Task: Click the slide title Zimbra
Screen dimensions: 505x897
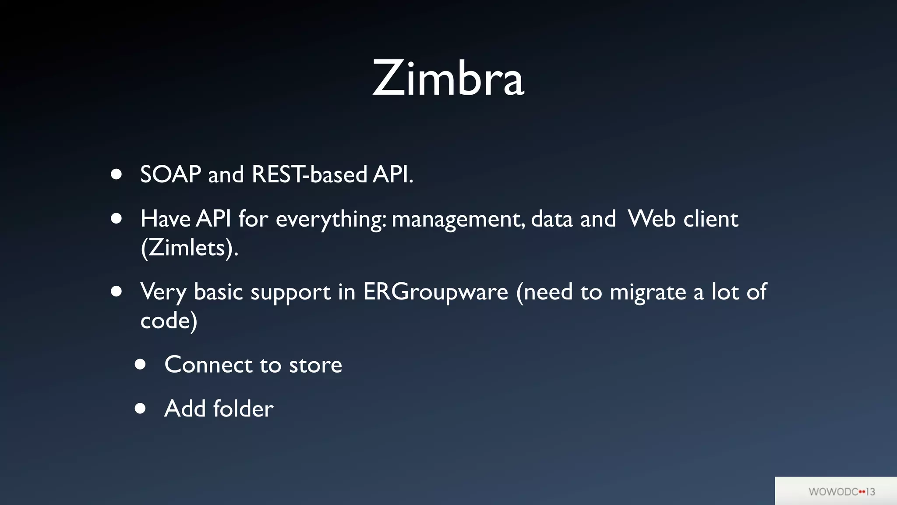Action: coord(448,79)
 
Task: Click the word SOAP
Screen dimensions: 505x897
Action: coord(170,174)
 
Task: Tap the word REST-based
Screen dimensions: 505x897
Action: coord(309,174)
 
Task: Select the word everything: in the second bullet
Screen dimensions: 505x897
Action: coord(331,219)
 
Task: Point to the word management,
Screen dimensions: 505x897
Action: coord(458,219)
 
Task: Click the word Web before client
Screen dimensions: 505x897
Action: coord(651,218)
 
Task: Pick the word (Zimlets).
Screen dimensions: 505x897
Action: coord(189,248)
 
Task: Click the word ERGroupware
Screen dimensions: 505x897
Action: coord(435,292)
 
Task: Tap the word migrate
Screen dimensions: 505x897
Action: coord(648,292)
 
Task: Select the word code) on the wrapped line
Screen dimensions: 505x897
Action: coord(169,321)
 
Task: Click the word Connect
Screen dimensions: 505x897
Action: coord(208,365)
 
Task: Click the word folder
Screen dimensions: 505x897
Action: coord(243,409)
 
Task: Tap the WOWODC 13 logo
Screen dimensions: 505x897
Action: coord(841,491)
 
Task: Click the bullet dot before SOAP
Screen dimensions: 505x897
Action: coord(116,174)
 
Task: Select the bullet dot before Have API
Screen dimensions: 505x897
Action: coord(116,218)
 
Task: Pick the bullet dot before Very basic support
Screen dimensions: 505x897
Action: coord(116,292)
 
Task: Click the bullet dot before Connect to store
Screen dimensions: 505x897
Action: coord(140,364)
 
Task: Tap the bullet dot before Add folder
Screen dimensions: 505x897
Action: coord(140,409)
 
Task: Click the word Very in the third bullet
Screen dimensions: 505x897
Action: coord(163,292)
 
